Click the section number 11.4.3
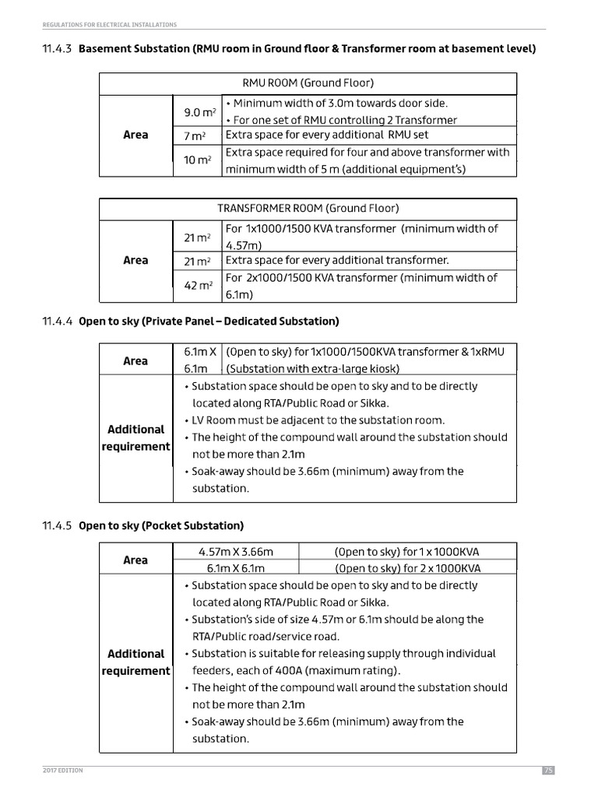pyautogui.click(x=57, y=49)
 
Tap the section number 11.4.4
pyautogui.click(x=57, y=321)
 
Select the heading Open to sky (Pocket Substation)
pyautogui.click(x=161, y=525)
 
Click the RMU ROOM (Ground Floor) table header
pyautogui.click(x=308, y=83)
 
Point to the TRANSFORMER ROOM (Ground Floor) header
pyautogui.click(x=308, y=209)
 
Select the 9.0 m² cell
pyautogui.click(x=198, y=113)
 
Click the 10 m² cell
pyautogui.click(x=198, y=160)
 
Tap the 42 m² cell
pyautogui.click(x=198, y=286)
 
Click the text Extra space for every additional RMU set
pyautogui.click(x=326, y=135)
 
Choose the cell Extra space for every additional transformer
pyautogui.click(x=337, y=260)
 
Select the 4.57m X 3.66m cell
pyautogui.click(x=236, y=552)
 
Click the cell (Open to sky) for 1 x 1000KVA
pyautogui.click(x=408, y=552)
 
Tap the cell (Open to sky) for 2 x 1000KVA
pyautogui.click(x=408, y=568)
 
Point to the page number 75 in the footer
pyautogui.click(x=547, y=771)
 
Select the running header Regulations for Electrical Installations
pyautogui.click(x=110, y=25)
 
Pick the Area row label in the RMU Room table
pyautogui.click(x=135, y=135)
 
